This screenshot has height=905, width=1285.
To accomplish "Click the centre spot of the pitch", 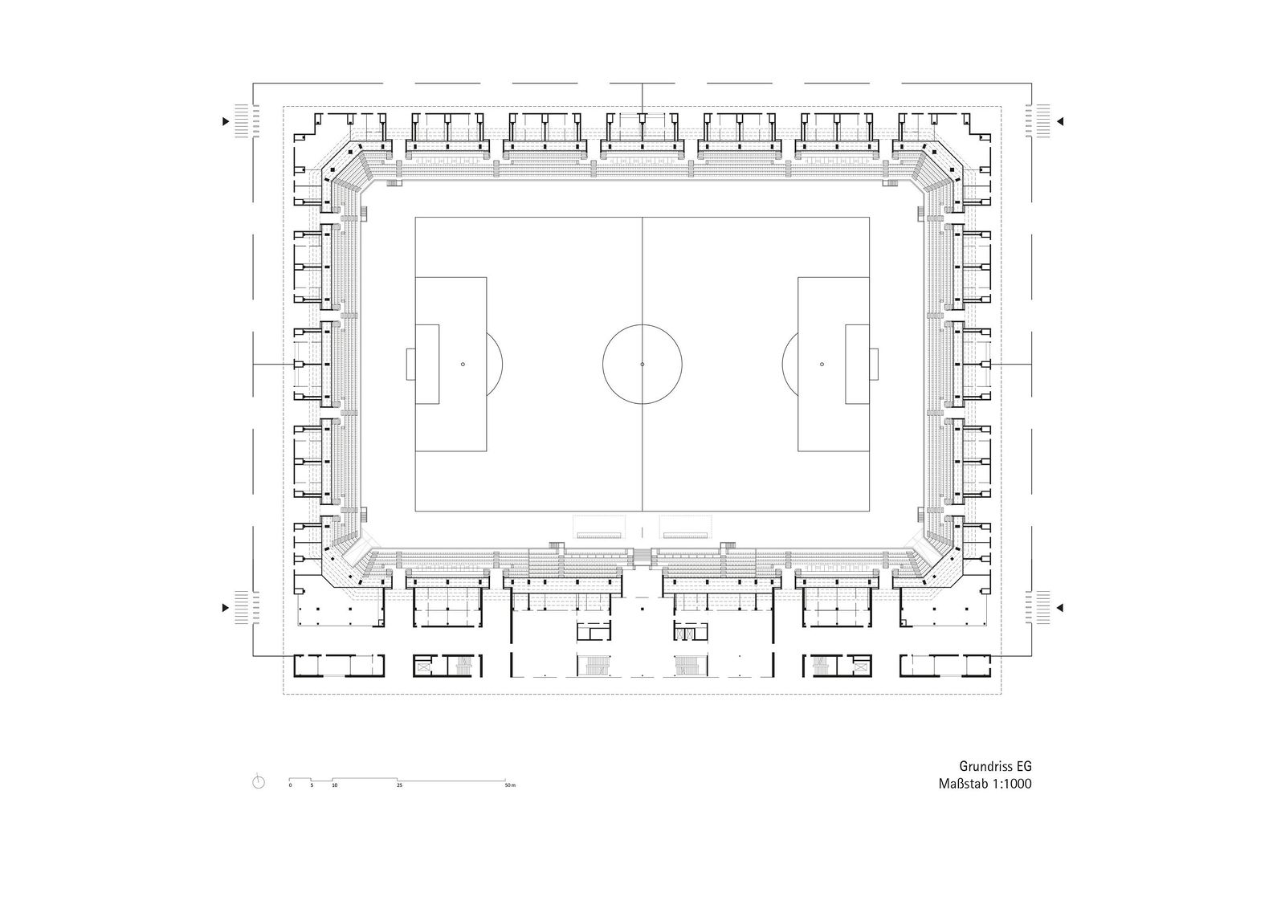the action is click(x=642, y=365).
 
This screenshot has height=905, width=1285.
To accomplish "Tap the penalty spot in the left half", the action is click(x=463, y=365).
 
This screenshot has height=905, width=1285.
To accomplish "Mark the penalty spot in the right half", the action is click(x=822, y=365).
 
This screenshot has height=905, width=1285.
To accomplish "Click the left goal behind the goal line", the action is click(x=410, y=365).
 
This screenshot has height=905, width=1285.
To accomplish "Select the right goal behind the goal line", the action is click(x=874, y=365).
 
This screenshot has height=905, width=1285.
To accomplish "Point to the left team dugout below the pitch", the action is click(x=599, y=527).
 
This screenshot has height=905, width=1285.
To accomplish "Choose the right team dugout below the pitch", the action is click(x=686, y=527).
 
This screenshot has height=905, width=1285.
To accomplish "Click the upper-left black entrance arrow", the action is click(x=226, y=121).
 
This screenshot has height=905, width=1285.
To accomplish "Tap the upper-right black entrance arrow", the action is click(x=1060, y=121).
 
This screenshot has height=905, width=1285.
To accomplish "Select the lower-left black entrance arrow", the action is click(x=226, y=608).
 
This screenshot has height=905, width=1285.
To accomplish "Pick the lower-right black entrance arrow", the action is click(x=1060, y=608).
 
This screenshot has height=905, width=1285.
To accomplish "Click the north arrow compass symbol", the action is click(x=259, y=781).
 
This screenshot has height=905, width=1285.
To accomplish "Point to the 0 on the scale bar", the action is click(x=290, y=785).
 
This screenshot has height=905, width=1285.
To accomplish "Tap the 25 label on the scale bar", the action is click(x=399, y=785).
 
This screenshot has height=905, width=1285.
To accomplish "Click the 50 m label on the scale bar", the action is click(x=510, y=785).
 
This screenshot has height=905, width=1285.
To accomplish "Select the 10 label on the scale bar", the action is click(x=334, y=785).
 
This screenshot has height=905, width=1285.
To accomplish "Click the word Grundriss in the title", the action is click(x=983, y=766).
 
